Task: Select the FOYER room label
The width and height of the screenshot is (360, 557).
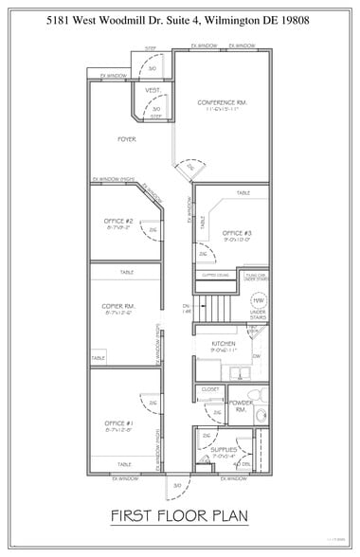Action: (127, 139)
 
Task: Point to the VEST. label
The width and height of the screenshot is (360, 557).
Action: (152, 90)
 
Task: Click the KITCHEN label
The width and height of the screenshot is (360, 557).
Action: (224, 343)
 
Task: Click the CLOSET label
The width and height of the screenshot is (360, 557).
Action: (210, 388)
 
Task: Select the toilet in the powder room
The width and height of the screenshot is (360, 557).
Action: (253, 395)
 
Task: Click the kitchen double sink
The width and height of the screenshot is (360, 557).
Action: (239, 369)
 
